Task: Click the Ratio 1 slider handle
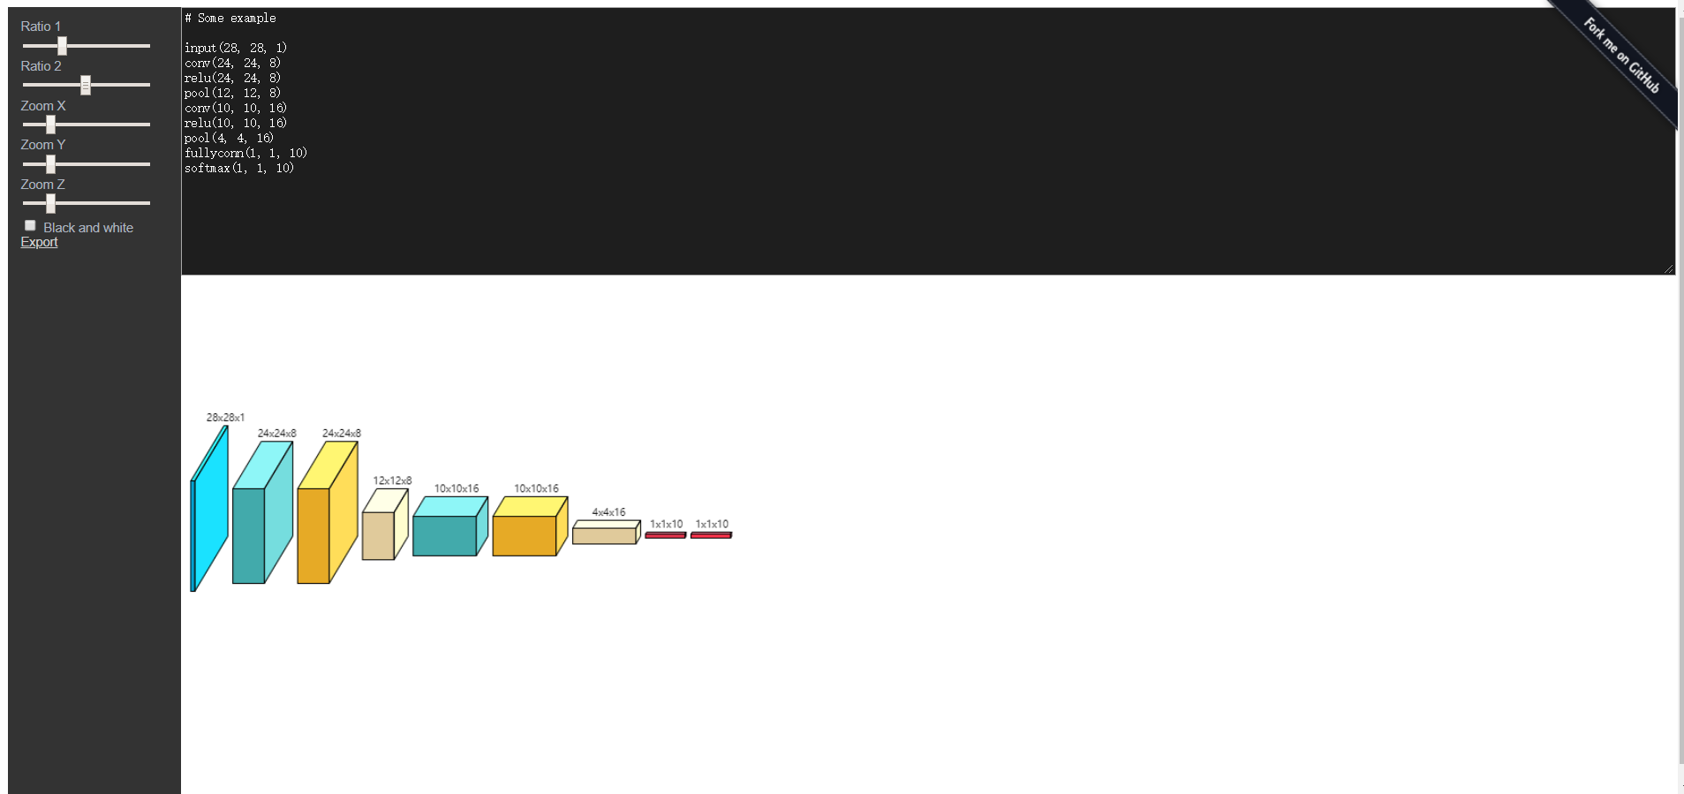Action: click(x=62, y=46)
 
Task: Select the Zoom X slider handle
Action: click(x=50, y=125)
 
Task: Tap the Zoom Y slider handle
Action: click(x=50, y=164)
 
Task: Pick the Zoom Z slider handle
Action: click(x=50, y=204)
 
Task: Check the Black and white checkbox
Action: click(x=30, y=226)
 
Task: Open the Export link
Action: click(x=39, y=242)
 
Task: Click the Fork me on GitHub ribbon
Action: click(x=1620, y=56)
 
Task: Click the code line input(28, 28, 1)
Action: click(x=235, y=48)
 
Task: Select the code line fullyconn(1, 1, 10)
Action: click(x=245, y=153)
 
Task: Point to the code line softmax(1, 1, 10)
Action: click(x=238, y=168)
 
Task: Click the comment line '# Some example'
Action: click(x=230, y=18)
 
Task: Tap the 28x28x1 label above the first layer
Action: click(x=225, y=417)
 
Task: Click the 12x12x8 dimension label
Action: click(x=392, y=480)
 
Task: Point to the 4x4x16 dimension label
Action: click(x=608, y=512)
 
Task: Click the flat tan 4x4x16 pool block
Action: click(x=604, y=535)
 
